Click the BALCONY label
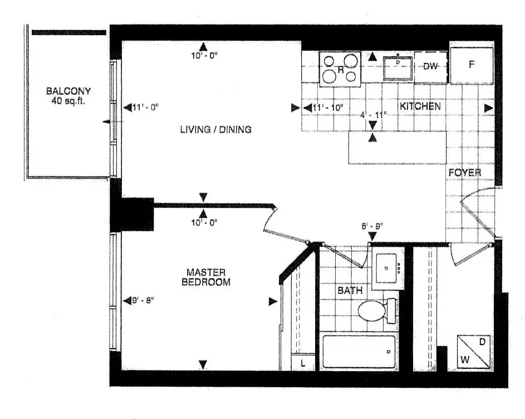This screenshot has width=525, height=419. pyautogui.click(x=68, y=91)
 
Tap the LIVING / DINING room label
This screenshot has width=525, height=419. pyautogui.click(x=215, y=129)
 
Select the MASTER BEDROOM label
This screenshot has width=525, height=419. pyautogui.click(x=206, y=277)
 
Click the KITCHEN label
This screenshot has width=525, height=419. pyautogui.click(x=420, y=106)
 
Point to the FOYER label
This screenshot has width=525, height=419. pyautogui.click(x=465, y=173)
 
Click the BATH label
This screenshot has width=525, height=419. pyautogui.click(x=350, y=290)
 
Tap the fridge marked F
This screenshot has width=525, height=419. pyautogui.click(x=472, y=65)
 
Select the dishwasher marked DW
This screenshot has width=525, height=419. pyautogui.click(x=430, y=67)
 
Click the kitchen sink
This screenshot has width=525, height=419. pyautogui.click(x=398, y=68)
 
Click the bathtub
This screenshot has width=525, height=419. pyautogui.click(x=359, y=351)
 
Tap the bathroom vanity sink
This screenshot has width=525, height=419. pyautogui.click(x=386, y=268)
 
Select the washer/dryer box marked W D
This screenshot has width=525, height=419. pyautogui.click(x=474, y=352)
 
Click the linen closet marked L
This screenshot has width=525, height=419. pyautogui.click(x=303, y=363)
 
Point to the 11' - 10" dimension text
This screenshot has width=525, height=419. pyautogui.click(x=328, y=108)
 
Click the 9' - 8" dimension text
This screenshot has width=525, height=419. pyautogui.click(x=143, y=301)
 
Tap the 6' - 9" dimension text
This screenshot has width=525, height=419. pyautogui.click(x=372, y=227)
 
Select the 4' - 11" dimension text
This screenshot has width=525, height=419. pyautogui.click(x=374, y=115)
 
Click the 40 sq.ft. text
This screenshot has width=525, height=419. pyautogui.click(x=68, y=101)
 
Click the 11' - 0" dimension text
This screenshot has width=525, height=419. pyautogui.click(x=145, y=108)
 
